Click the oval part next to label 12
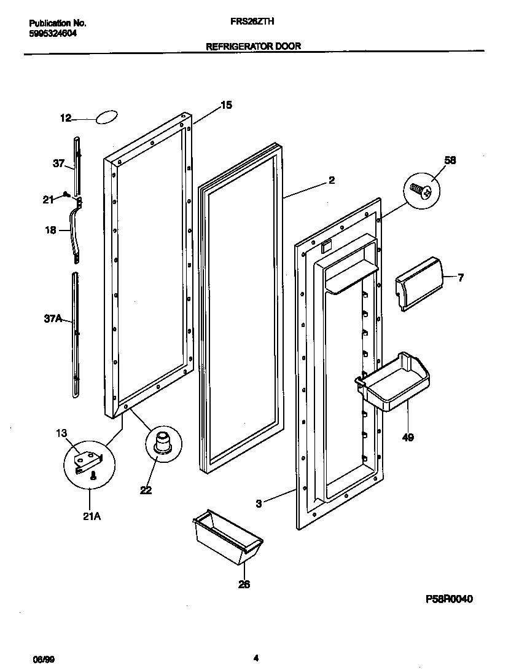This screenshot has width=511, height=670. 106,117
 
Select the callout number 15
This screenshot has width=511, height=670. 226,105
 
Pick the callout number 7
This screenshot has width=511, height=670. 460,278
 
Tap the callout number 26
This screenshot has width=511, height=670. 244,584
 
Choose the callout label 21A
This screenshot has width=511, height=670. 91,516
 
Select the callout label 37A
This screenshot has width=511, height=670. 53,319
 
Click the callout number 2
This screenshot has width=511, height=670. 331,180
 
